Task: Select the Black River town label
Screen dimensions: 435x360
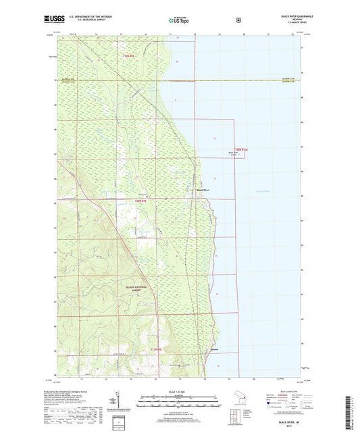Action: pos(203,190)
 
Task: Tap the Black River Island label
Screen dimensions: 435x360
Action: pos(234,154)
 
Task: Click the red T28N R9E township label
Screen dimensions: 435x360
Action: pos(140,201)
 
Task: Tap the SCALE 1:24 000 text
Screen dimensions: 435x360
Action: pos(179,392)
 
